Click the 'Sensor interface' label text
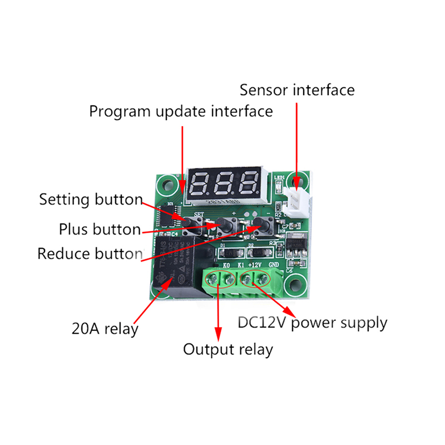click(296, 90)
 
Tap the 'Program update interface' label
click(181, 111)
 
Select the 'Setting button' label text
click(91, 200)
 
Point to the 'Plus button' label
click(100, 229)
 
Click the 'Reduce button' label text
click(90, 254)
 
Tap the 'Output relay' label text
click(228, 350)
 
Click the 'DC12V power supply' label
click(312, 323)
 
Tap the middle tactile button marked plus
click(227, 225)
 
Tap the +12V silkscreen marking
click(256, 264)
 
